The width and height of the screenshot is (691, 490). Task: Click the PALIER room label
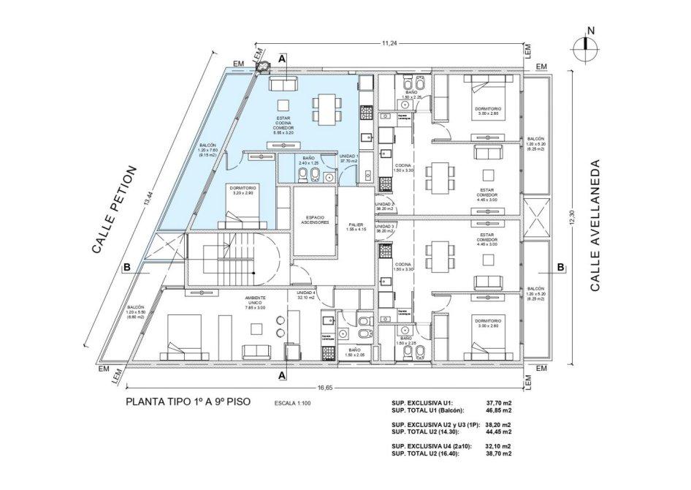click(x=356, y=227)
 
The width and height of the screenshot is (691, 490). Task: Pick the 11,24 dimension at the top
click(x=389, y=43)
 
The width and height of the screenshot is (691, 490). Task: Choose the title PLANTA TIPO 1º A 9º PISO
click(x=189, y=402)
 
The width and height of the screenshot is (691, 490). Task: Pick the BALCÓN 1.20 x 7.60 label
click(x=207, y=151)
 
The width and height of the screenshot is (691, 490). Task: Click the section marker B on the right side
click(x=560, y=267)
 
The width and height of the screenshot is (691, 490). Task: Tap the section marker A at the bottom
click(x=282, y=375)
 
